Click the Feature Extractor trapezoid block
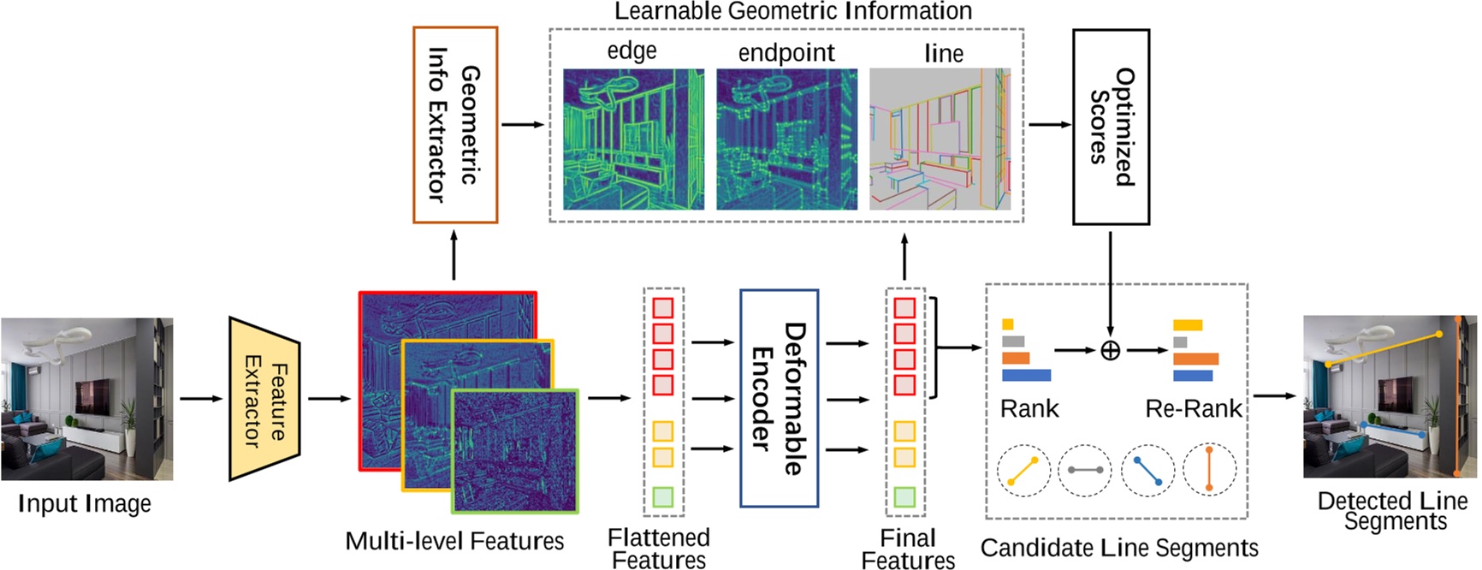[264, 399]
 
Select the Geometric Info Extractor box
[455, 125]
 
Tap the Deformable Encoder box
[779, 399]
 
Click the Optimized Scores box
[1111, 127]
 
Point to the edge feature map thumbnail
[633, 140]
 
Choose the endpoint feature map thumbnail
[786, 140]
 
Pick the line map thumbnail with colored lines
[940, 140]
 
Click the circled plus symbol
[1110, 350]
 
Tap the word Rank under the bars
[1029, 409]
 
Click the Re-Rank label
[1193, 409]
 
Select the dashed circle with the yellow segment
[1023, 471]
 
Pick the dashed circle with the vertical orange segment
[1209, 471]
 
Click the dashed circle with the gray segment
[1085, 471]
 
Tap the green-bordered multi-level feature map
[515, 451]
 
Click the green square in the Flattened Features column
[662, 497]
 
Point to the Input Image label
[85, 504]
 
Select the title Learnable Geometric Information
[792, 11]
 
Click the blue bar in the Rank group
[1026, 375]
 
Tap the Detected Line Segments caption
[1392, 511]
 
